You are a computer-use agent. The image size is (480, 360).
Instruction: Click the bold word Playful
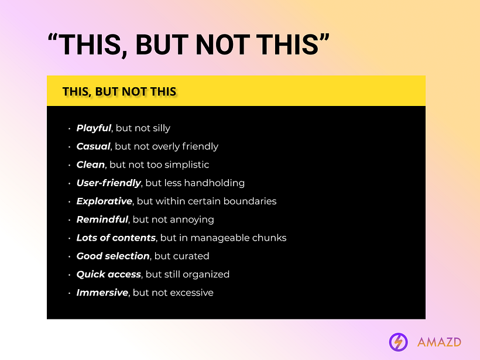tap(94, 128)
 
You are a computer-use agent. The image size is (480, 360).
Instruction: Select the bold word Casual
tap(93, 146)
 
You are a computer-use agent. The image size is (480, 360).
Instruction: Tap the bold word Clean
tap(91, 164)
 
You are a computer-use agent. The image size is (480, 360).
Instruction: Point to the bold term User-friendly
tap(108, 183)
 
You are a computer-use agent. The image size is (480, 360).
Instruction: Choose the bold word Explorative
tap(104, 201)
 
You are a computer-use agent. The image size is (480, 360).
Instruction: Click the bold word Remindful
tap(102, 220)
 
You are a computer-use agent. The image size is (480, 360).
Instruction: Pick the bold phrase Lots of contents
tap(116, 238)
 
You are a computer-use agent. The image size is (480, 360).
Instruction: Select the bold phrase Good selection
tap(113, 256)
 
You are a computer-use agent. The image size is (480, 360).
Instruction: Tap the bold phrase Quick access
tap(109, 274)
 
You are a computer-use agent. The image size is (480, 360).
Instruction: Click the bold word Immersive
tap(102, 292)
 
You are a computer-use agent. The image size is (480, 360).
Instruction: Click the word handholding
tap(215, 183)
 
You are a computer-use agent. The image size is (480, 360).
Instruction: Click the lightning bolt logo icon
tap(399, 341)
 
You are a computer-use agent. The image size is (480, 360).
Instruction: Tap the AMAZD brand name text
tap(439, 342)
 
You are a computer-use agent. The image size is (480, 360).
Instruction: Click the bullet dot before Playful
tap(69, 129)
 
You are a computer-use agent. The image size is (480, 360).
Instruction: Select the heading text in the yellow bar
tap(119, 91)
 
